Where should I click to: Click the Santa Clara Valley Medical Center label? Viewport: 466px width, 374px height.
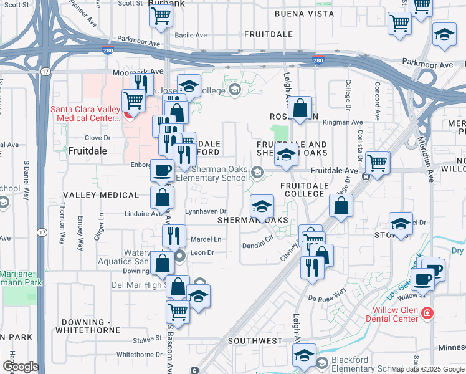pos(85,112)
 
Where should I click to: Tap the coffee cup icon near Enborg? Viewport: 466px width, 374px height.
pos(162,170)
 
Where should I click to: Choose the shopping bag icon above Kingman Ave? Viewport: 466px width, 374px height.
pos(300,108)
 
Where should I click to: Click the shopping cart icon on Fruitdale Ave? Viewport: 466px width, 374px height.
pos(377,163)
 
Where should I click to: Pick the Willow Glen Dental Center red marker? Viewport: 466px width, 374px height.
pos(427,312)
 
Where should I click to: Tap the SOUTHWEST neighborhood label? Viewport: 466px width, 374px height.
pos(255,341)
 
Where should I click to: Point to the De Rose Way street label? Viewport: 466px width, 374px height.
pos(348,292)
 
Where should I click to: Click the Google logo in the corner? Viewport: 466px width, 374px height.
pos(21,367)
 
